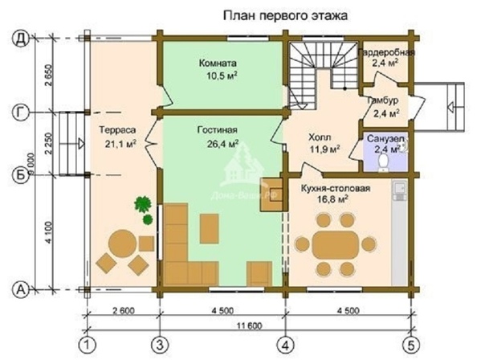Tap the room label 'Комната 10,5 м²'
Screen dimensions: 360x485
click(x=218, y=69)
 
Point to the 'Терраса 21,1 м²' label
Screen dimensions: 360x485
click(x=116, y=136)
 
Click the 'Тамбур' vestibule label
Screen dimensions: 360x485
click(x=381, y=107)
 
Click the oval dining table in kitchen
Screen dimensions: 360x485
click(x=335, y=243)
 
